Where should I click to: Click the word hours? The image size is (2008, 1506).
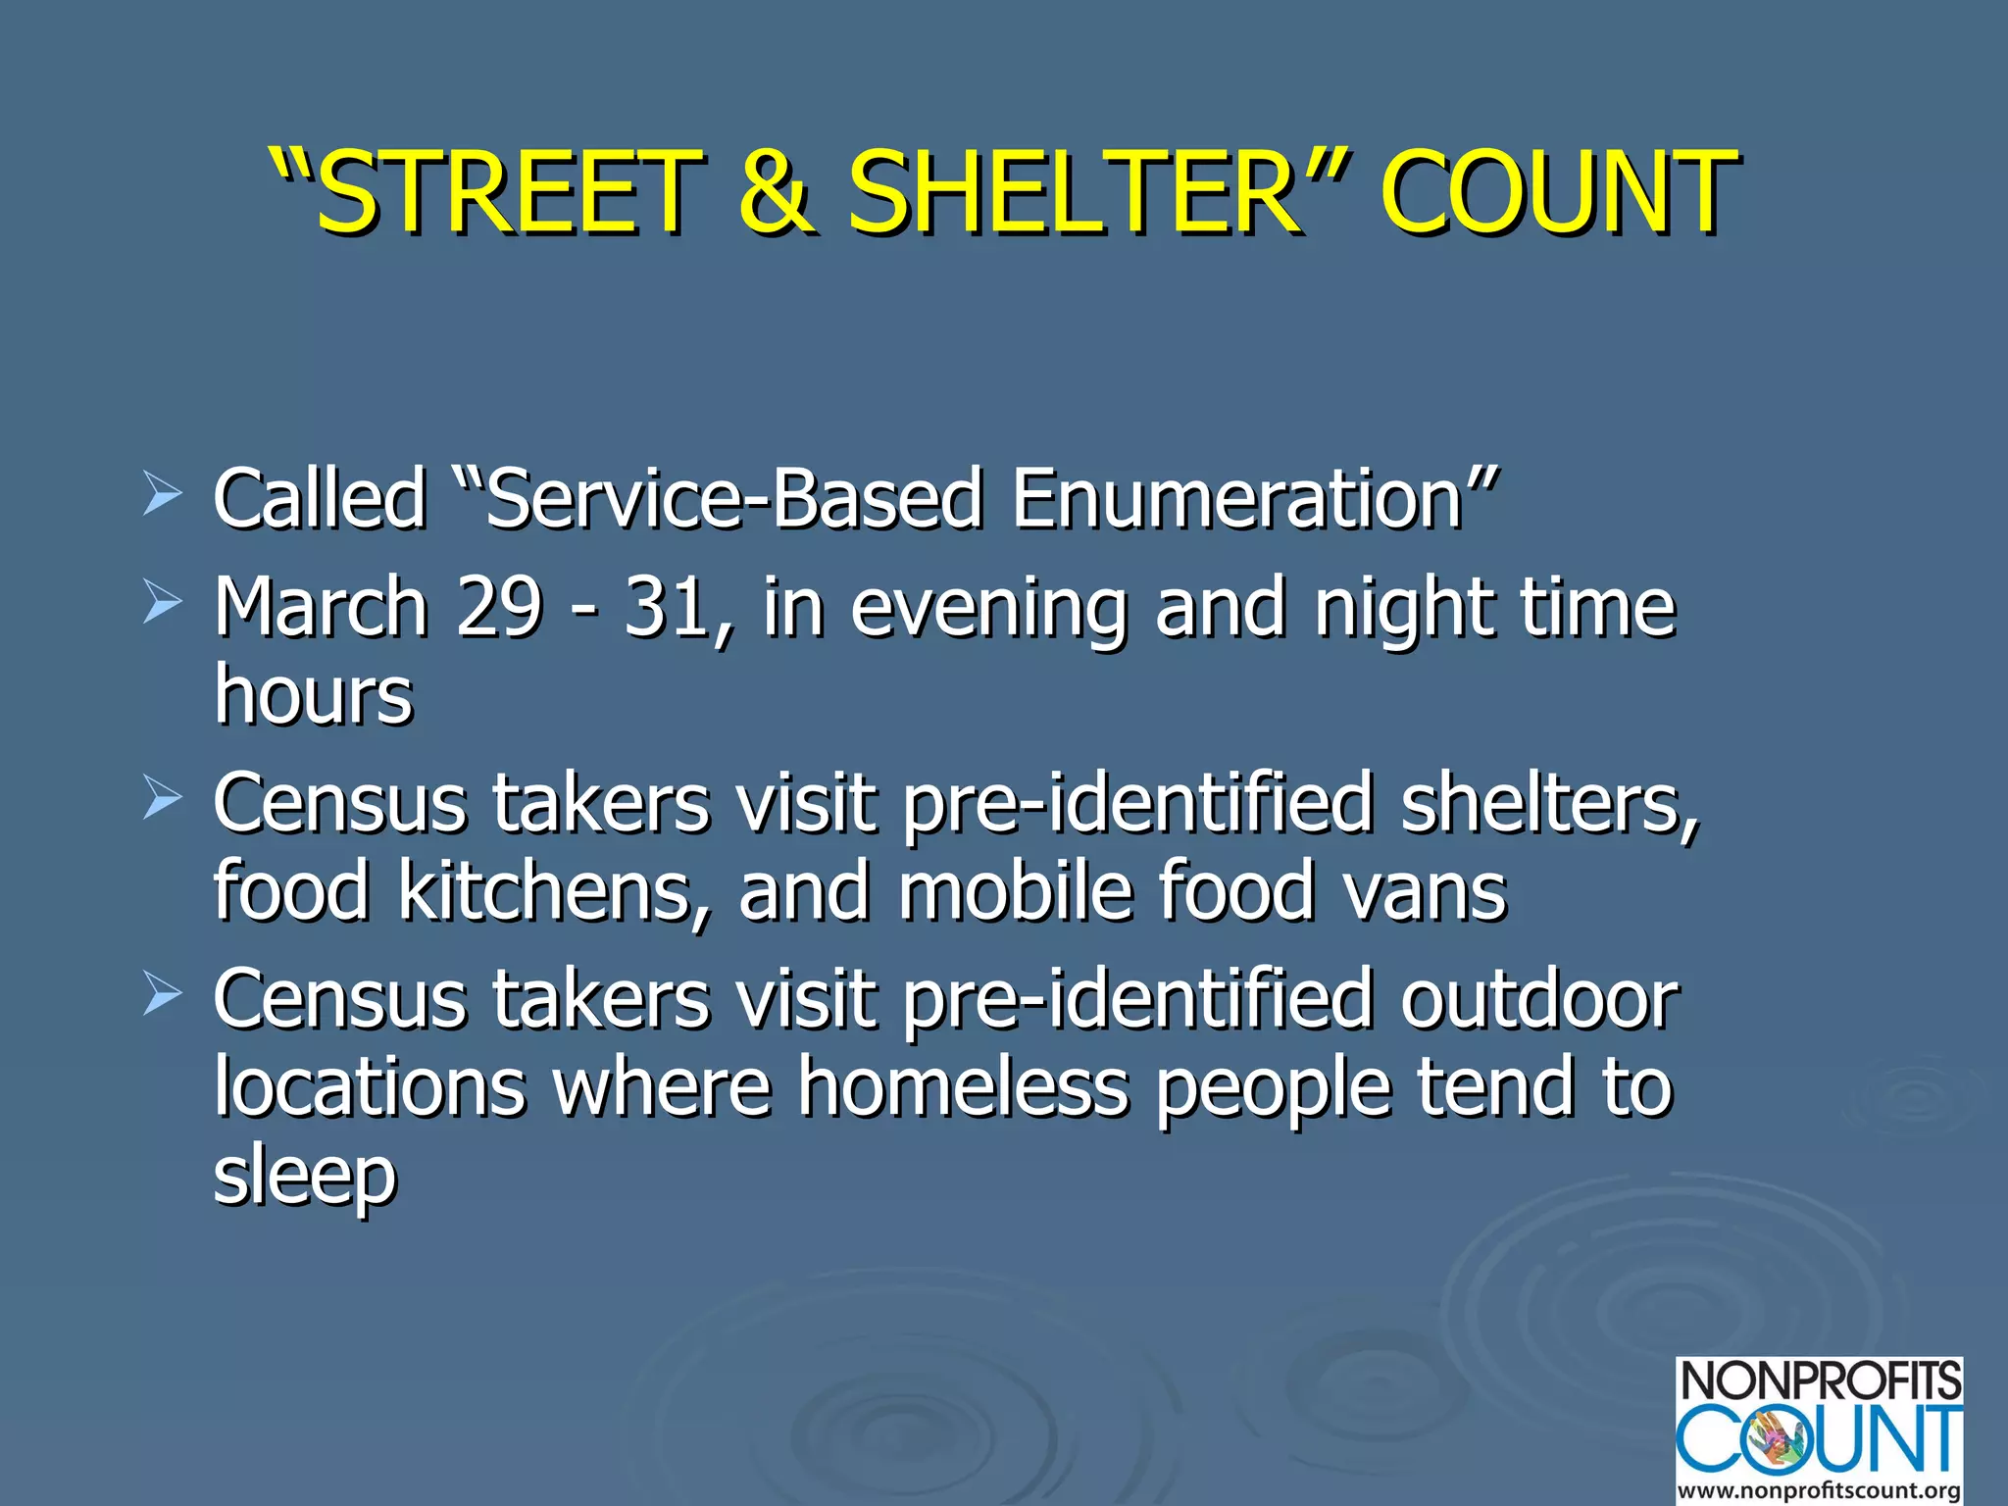pos(314,694)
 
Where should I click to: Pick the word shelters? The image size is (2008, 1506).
pos(1549,803)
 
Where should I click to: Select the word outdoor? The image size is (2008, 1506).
pos(1539,999)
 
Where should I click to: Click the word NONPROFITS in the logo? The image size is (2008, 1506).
pos(1820,1382)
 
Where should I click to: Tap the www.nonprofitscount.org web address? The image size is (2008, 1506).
pos(1820,1490)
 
